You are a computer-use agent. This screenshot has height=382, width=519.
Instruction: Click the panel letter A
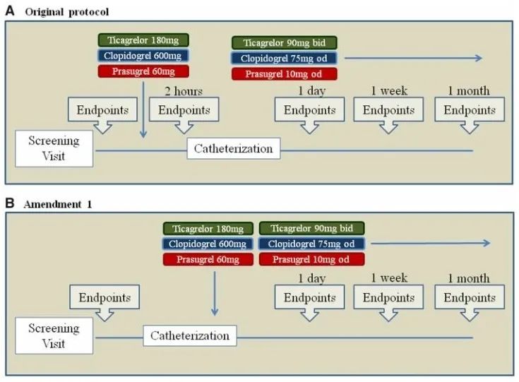coord(9,12)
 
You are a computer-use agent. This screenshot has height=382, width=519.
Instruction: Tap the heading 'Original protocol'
coord(67,13)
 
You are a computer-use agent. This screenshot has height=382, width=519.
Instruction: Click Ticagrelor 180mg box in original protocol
coord(144,40)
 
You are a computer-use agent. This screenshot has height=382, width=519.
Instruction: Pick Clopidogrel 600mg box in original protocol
coord(144,56)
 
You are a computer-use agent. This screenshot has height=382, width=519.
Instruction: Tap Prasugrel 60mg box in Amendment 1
coord(208,259)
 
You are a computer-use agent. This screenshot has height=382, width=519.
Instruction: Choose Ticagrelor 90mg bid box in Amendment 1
coord(311,229)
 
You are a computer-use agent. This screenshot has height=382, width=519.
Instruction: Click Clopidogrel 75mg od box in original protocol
coord(284,59)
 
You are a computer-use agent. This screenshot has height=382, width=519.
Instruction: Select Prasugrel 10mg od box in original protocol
coord(284,74)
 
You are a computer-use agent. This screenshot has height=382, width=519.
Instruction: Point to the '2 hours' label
coord(184,90)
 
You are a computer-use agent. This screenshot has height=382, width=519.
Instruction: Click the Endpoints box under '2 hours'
coord(184,110)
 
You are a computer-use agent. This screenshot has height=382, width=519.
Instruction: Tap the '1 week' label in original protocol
coord(390,90)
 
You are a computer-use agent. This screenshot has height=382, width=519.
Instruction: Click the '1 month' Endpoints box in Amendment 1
coord(470,297)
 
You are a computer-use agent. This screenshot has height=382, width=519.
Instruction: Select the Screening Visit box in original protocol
coord(54,148)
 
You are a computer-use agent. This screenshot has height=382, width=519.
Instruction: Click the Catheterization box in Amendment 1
coord(190,335)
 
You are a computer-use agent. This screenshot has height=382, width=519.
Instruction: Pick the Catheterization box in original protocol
coord(233,149)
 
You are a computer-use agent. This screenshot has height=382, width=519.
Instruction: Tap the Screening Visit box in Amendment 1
coord(54,335)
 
